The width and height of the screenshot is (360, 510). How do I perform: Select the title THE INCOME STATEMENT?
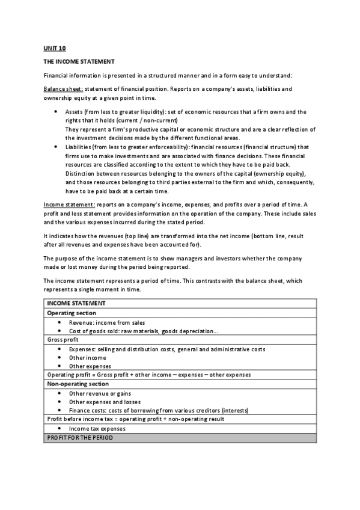pyautogui.click(x=79, y=61)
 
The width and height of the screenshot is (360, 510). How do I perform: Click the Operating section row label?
pyautogui.click(x=72, y=313)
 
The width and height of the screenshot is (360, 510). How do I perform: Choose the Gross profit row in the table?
pyautogui.click(x=63, y=340)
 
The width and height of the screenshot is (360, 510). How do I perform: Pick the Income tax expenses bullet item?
pyautogui.click(x=97, y=429)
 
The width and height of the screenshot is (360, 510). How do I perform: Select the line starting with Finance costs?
pyautogui.click(x=159, y=410)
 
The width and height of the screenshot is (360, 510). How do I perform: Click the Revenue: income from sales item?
pyautogui.click(x=107, y=322)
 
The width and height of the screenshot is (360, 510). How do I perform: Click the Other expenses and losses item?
pyautogui.click(x=105, y=402)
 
